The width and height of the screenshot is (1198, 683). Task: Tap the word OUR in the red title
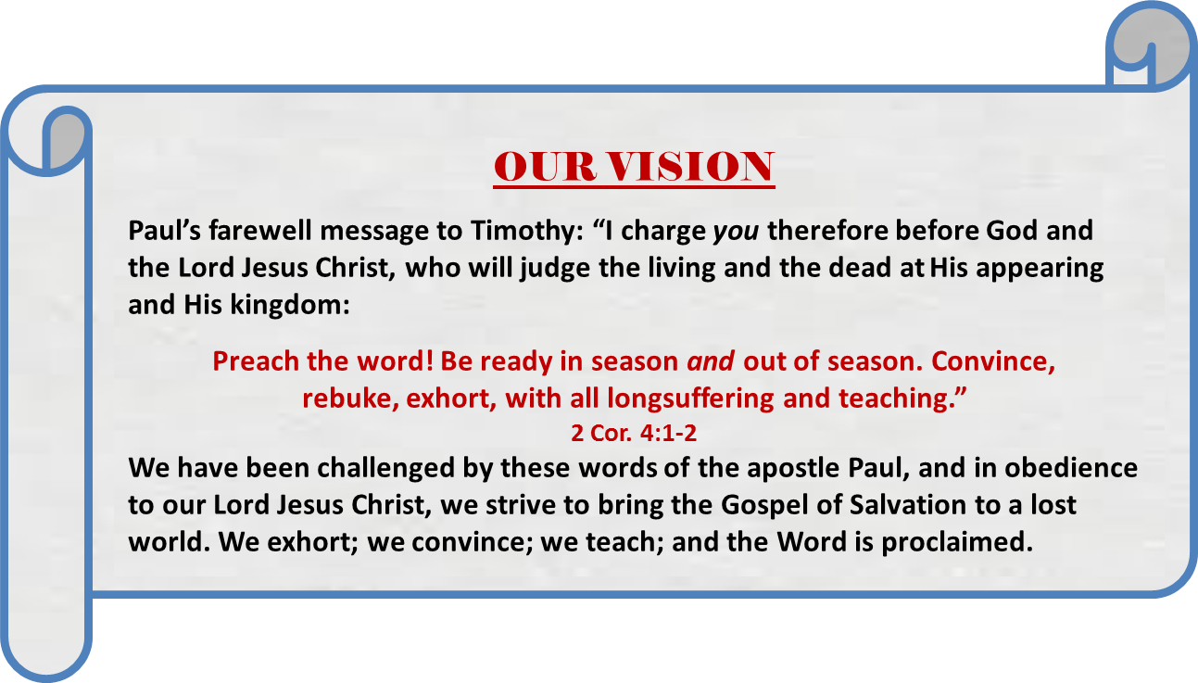pos(545,166)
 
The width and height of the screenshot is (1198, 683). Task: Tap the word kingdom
pos(289,305)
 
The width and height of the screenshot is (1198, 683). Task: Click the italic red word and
pos(711,361)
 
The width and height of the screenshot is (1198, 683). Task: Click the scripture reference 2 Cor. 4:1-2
pos(634,433)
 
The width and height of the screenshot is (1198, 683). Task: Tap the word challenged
pos(385,469)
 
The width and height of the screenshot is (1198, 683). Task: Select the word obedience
pos(1071,468)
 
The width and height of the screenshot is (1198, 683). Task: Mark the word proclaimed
pos(957,543)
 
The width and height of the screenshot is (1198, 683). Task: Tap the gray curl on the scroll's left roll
pos(64,140)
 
